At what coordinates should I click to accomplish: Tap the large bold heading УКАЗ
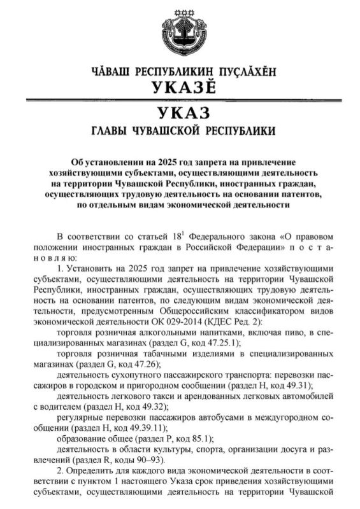(x=181, y=114)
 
